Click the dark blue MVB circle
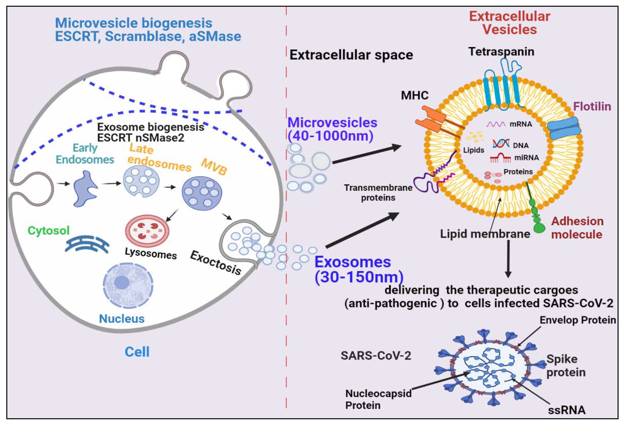(202, 193)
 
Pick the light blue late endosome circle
(141, 181)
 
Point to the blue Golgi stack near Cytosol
(87, 245)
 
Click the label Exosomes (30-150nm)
(359, 269)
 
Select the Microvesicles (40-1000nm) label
(332, 129)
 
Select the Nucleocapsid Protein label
(378, 399)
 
